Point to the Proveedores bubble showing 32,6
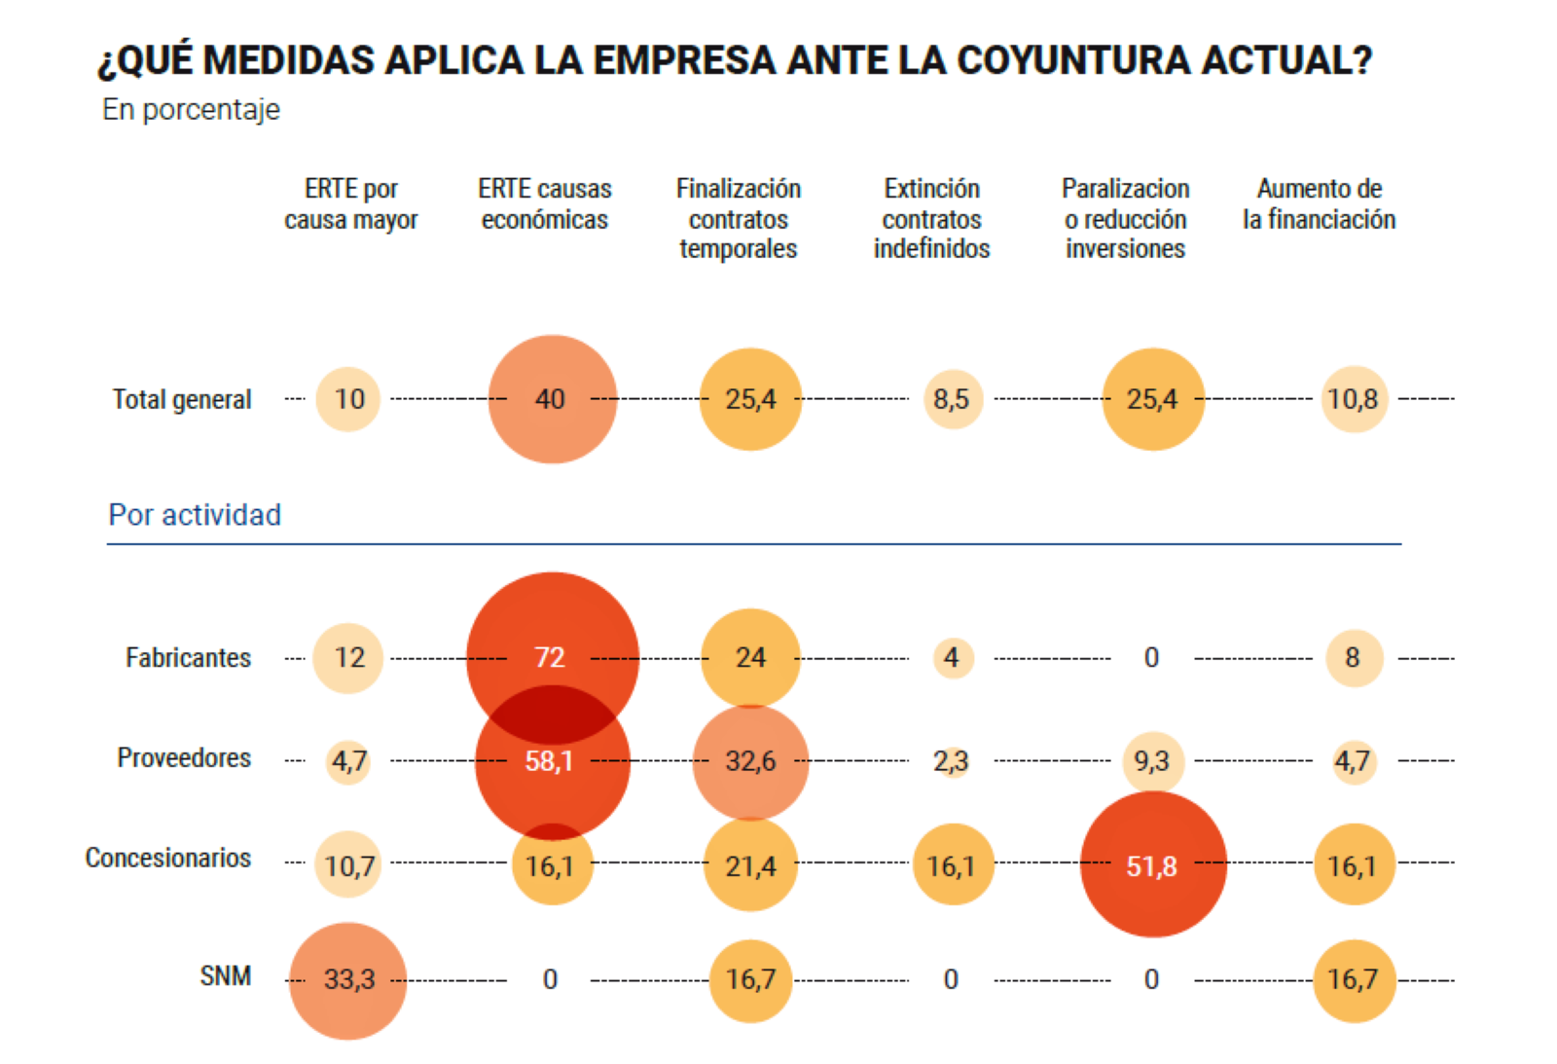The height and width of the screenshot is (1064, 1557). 750,762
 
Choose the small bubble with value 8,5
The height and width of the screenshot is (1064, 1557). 953,399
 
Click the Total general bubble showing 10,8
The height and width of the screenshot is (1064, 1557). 1354,399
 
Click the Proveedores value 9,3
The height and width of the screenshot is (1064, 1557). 1153,760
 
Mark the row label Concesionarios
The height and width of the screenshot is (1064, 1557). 168,858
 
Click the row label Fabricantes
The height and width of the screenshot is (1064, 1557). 188,658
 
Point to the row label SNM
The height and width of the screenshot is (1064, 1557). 225,975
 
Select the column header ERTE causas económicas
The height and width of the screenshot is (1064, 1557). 545,203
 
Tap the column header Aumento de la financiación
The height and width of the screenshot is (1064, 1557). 1319,203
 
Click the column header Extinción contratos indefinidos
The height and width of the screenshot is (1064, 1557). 931,218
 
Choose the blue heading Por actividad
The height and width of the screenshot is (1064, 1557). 195,514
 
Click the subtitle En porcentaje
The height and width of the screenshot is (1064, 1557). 191,109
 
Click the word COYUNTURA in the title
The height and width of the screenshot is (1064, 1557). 1074,60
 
